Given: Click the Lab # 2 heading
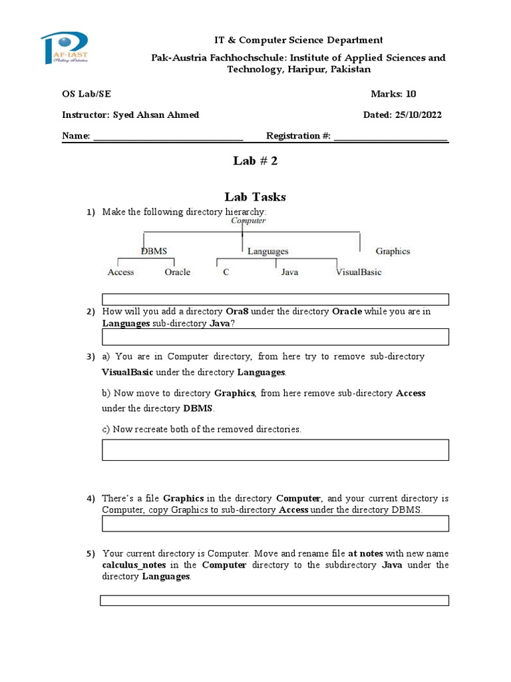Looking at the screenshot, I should click(255, 161).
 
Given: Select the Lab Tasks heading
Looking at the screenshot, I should click(255, 196).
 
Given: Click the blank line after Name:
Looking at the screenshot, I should click(168, 137).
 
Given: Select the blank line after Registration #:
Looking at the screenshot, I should click(391, 137).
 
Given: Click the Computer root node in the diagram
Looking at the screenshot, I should click(248, 220).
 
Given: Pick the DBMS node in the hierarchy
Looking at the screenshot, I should click(154, 251).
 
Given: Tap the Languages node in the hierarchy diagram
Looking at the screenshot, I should click(267, 251).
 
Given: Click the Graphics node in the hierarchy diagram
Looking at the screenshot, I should click(393, 251).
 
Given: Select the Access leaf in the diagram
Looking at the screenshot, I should click(120, 272).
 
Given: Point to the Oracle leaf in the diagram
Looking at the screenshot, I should click(177, 272).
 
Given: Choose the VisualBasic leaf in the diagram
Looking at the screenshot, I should click(359, 272).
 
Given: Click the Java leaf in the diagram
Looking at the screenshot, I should click(289, 272).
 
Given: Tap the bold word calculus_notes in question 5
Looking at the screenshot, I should click(131, 565).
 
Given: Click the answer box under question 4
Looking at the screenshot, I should click(275, 524).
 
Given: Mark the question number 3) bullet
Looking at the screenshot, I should click(90, 357).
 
